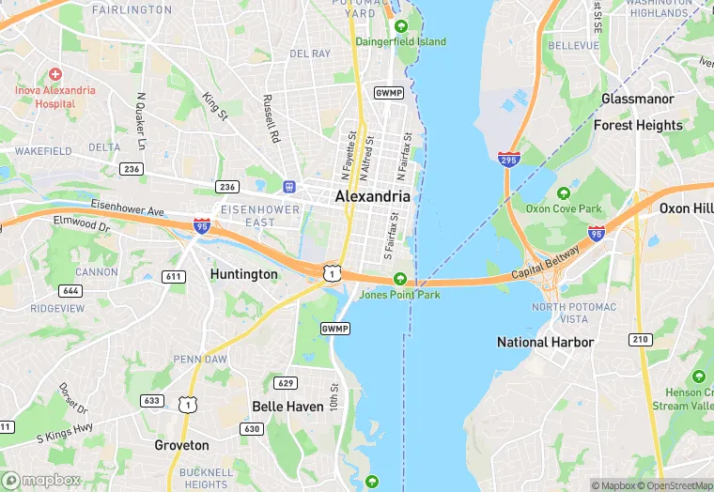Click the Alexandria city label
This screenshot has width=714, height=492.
click(x=373, y=196)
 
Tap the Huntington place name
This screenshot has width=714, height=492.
click(x=244, y=274)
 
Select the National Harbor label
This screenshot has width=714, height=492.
click(x=545, y=342)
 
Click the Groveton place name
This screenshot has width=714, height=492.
click(x=181, y=445)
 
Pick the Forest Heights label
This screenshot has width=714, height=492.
click(x=638, y=125)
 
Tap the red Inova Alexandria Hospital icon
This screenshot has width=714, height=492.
click(x=54, y=74)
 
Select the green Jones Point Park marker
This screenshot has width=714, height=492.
click(x=400, y=279)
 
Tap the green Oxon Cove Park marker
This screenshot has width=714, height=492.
click(x=564, y=193)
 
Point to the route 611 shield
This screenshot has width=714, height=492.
click(x=173, y=276)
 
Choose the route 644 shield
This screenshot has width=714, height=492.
click(x=70, y=291)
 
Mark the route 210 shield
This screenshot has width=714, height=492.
click(x=640, y=338)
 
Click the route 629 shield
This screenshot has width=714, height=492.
click(x=286, y=382)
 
